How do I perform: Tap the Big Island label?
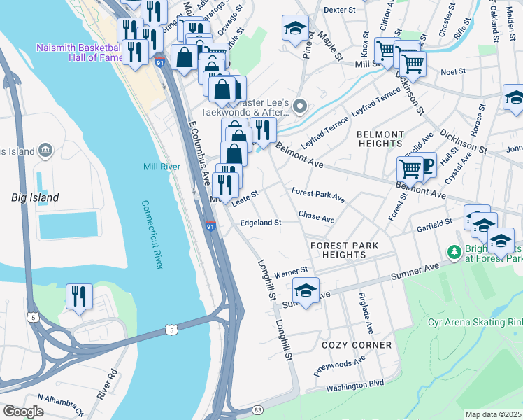(35, 197)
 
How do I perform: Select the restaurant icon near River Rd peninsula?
(79, 296)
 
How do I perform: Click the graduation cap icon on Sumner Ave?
(306, 290)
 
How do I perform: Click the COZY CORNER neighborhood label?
(357, 345)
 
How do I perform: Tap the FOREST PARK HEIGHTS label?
(344, 250)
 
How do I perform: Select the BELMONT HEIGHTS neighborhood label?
(380, 139)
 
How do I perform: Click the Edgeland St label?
(260, 223)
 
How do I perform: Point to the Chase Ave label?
(316, 217)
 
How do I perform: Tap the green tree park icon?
(453, 251)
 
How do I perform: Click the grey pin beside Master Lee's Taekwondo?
(301, 106)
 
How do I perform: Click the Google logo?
(23, 411)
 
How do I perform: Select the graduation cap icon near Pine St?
(295, 28)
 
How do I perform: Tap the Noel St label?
(453, 71)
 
